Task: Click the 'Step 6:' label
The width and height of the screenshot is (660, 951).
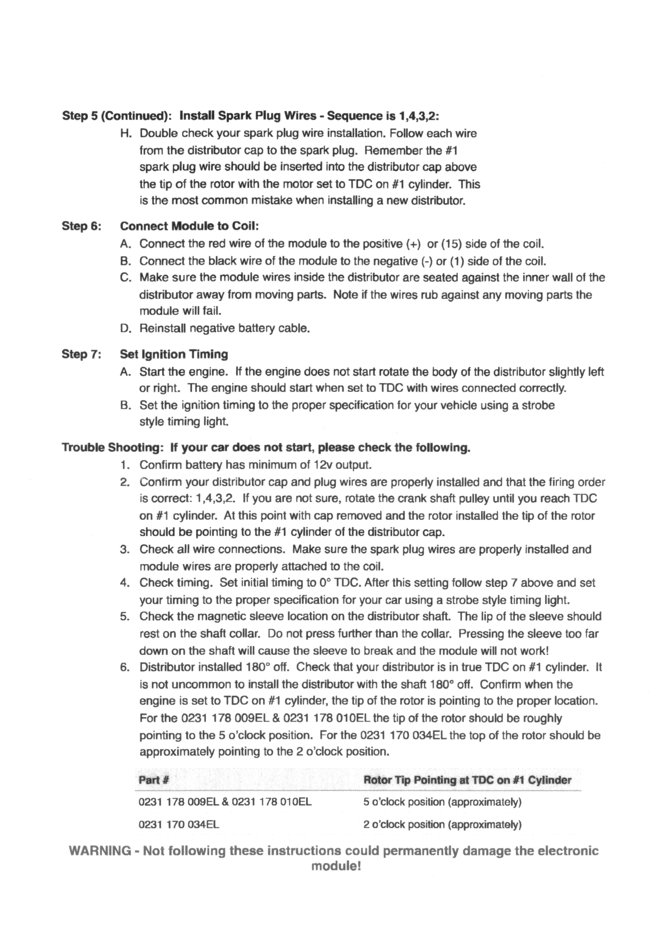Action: [81, 226]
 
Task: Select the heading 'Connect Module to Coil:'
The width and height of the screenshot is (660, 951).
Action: [189, 226]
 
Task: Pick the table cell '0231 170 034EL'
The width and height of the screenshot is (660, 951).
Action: [179, 824]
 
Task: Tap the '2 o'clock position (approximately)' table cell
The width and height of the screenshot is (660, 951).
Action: [442, 824]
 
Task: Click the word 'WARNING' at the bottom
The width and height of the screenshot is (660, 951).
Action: [100, 851]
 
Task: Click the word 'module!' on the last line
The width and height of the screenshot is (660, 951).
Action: [336, 866]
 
